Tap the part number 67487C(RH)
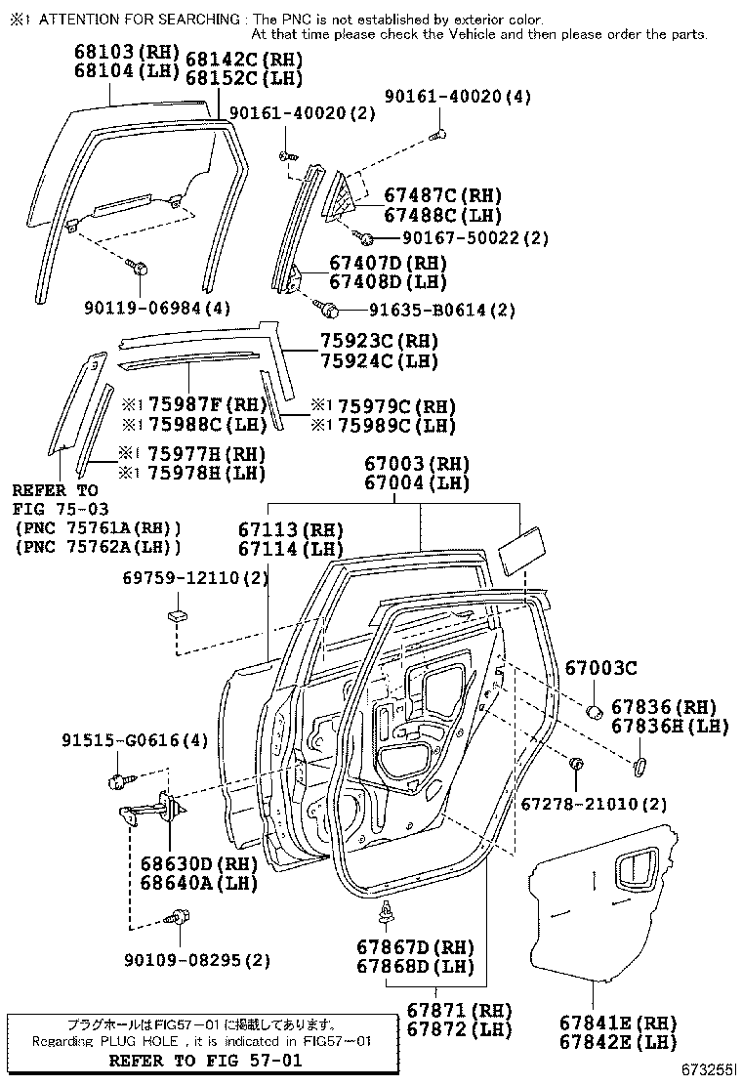point(429,195)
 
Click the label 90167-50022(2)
point(474,237)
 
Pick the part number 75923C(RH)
point(380,342)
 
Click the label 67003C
point(600,668)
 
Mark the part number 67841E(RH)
point(618,1023)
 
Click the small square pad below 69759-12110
point(176,614)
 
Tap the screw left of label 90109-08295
point(179,917)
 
